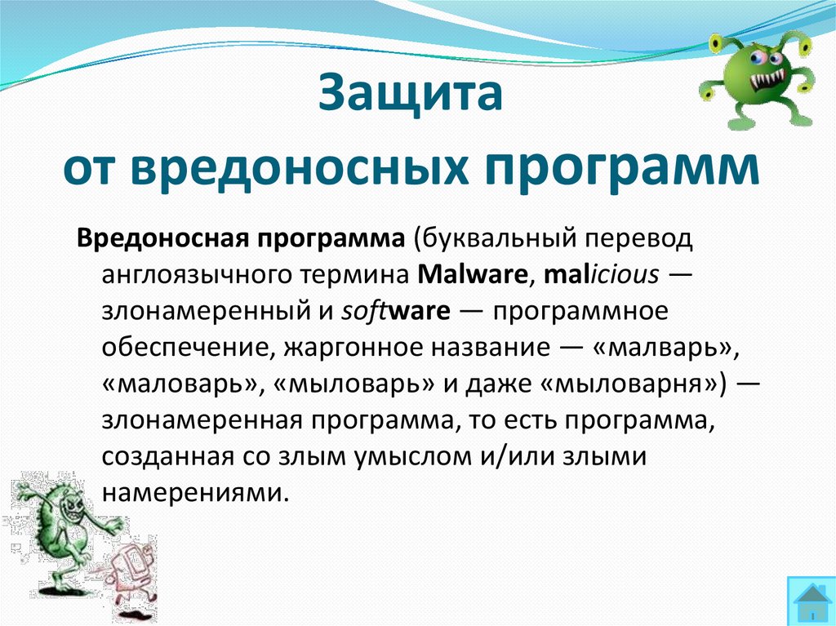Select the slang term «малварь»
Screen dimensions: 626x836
(x=660, y=347)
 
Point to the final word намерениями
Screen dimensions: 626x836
(x=196, y=492)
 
